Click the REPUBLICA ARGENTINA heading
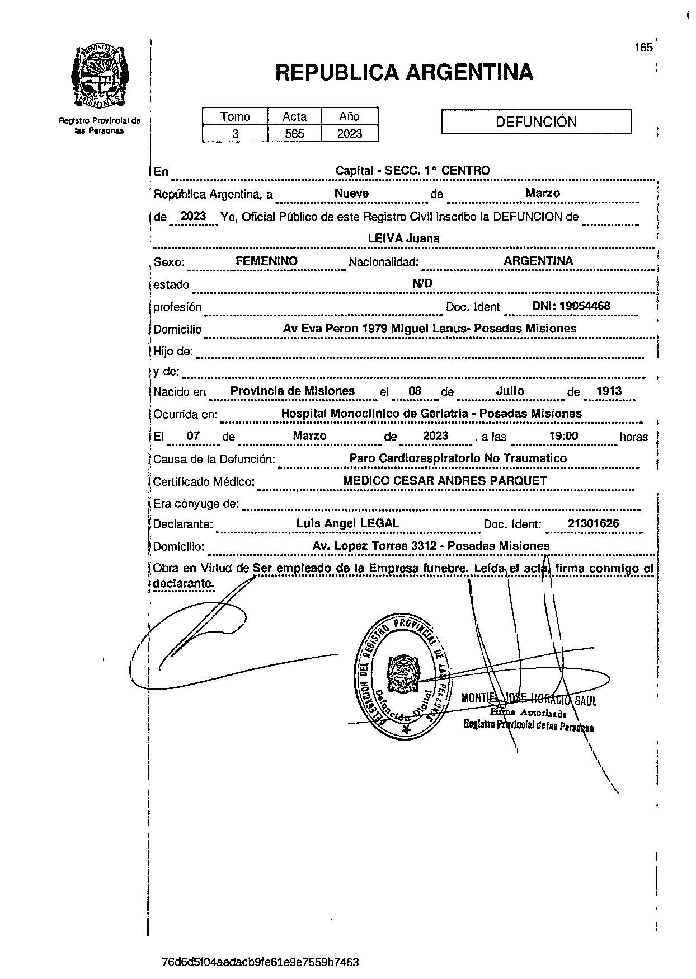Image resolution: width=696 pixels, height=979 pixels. coord(404,72)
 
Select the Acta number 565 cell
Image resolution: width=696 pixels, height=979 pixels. coord(294,134)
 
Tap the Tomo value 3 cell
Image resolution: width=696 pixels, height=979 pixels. coord(235,134)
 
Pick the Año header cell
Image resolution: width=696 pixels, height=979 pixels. coord(349,116)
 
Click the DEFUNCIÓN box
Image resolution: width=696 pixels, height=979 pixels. coord(536,121)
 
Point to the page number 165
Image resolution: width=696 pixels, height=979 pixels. coord(643,48)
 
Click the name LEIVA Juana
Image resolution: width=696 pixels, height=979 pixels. coord(403,238)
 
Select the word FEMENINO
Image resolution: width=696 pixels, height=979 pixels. coord(266,261)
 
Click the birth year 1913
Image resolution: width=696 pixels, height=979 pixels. coord(609,391)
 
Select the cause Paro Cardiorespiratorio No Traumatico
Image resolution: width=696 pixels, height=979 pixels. coord(458,458)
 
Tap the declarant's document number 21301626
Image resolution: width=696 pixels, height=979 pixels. coord(593,524)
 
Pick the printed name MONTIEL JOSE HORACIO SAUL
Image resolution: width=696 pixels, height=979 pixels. coord(529,700)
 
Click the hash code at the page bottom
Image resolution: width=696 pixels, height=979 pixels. coord(260,962)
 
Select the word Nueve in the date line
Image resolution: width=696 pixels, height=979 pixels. coord(351,193)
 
